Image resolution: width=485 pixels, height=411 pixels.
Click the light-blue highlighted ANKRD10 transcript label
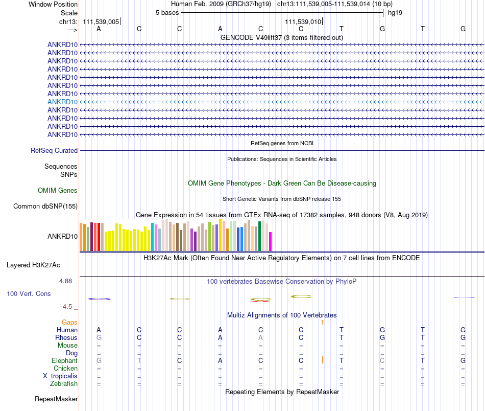coord(62,102)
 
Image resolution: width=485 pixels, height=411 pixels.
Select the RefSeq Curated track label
coord(54,150)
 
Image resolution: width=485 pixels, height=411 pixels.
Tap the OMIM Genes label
coord(58,191)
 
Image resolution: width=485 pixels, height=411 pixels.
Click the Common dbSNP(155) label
coord(45,207)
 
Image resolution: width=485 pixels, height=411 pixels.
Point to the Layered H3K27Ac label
coord(33,265)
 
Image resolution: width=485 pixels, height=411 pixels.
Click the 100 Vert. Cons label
coord(29,293)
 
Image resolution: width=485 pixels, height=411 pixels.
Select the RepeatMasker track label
coord(56,399)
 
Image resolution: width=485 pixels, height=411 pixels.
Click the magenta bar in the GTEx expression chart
coord(271,241)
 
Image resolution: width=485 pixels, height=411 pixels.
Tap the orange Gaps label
coord(69,323)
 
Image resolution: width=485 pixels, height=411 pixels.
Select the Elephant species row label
coord(65,361)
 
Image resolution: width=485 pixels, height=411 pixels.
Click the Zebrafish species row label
coord(64,384)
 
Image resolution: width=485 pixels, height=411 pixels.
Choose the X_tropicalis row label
coord(60,376)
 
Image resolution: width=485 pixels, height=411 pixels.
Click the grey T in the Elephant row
coord(139,360)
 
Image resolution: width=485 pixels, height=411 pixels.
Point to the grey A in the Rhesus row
coord(260,337)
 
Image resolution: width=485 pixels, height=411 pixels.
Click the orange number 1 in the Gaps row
coord(322,323)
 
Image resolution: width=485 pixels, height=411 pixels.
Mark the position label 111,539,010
coord(303,21)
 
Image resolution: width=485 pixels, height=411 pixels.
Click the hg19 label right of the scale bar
coord(395,13)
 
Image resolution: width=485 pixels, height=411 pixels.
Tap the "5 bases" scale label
coord(167,13)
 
